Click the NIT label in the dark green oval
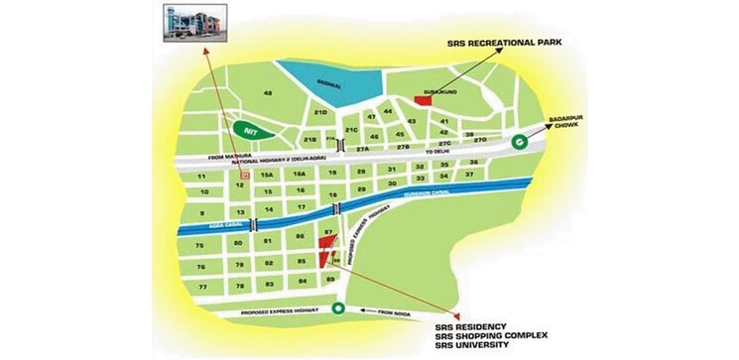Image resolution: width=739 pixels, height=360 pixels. point(252,128)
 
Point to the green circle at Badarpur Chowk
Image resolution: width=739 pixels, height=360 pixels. point(518,141)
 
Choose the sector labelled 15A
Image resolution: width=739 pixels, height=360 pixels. point(266,175)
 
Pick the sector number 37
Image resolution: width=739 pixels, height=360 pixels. point(472,175)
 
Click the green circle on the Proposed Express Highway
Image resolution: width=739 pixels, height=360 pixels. point(339,308)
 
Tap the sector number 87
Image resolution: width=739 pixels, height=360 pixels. point(327,232)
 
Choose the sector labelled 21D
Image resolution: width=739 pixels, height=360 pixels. point(320,113)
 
